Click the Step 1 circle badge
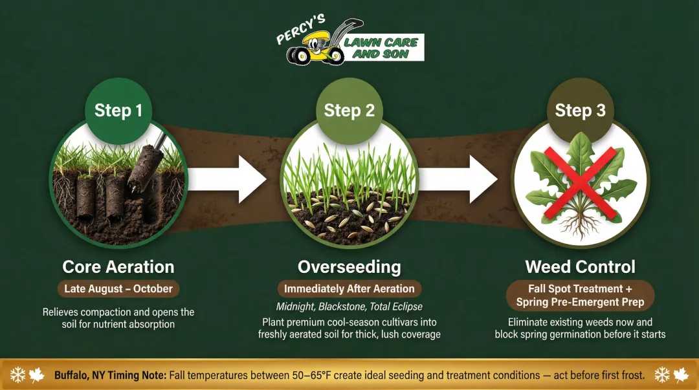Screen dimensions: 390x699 pos(118,110)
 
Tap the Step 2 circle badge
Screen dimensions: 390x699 pos(349,110)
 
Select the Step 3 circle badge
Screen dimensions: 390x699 pos(580,110)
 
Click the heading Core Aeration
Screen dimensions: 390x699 pos(118,266)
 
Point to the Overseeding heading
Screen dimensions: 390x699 pos(349,266)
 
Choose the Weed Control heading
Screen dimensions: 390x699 pos(580,266)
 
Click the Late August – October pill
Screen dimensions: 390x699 pos(118,288)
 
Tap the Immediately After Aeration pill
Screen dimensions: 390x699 pos(349,288)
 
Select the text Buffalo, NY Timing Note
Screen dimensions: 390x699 pos(110,375)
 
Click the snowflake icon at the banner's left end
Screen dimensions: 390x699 pos(17,375)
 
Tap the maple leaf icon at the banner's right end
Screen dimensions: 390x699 pos(681,375)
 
